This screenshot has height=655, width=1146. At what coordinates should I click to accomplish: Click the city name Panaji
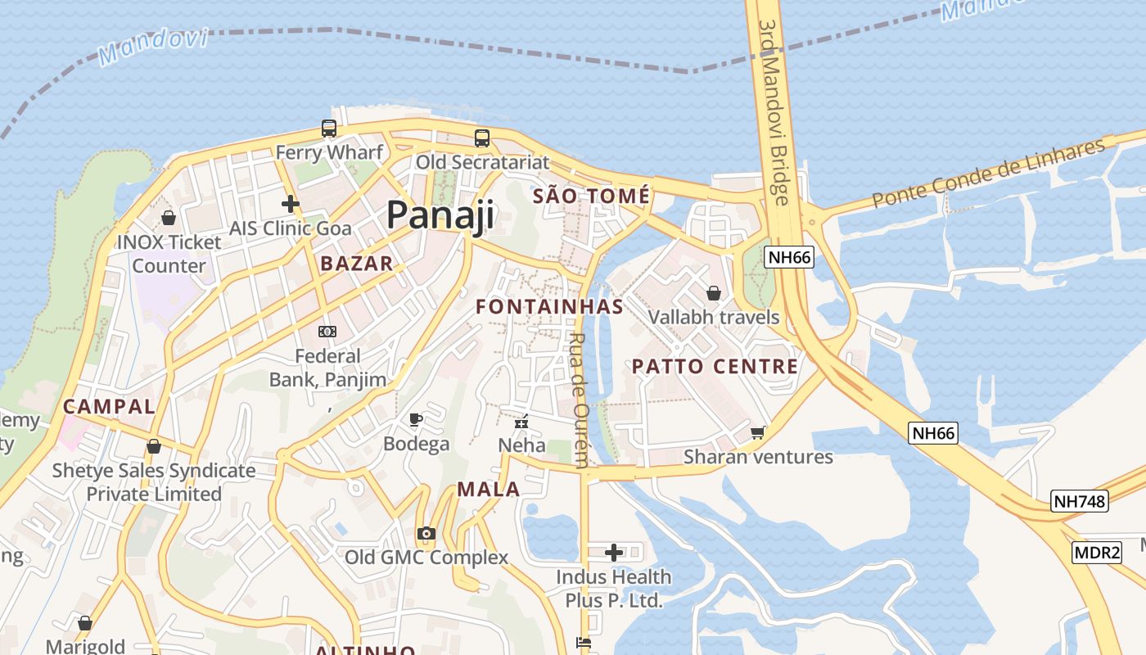point(440,215)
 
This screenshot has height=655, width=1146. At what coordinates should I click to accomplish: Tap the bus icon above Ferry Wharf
point(329,129)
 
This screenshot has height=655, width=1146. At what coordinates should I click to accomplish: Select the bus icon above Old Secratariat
point(482,138)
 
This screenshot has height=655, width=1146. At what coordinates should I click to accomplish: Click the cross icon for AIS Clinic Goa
point(291,204)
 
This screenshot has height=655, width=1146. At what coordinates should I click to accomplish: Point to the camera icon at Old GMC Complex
point(426,534)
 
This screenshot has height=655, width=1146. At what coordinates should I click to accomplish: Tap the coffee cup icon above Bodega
point(417,420)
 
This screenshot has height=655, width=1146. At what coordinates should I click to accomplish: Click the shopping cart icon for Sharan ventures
point(758,431)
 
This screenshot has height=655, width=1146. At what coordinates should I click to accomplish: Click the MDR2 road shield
point(1097,553)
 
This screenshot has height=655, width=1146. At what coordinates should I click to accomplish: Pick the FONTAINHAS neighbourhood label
point(549,307)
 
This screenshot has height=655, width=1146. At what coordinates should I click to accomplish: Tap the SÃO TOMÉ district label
point(591,196)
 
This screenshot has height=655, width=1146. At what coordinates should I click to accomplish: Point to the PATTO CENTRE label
point(715,366)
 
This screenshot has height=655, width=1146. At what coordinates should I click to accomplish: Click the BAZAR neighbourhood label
point(357,264)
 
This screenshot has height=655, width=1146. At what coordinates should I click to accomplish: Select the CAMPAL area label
point(109,406)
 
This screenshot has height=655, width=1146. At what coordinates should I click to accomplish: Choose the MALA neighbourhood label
point(488,490)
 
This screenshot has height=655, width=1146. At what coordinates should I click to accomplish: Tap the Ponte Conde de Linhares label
point(988,174)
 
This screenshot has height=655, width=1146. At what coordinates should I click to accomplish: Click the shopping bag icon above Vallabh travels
point(714,293)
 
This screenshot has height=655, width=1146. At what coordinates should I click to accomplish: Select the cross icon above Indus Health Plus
point(614,553)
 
